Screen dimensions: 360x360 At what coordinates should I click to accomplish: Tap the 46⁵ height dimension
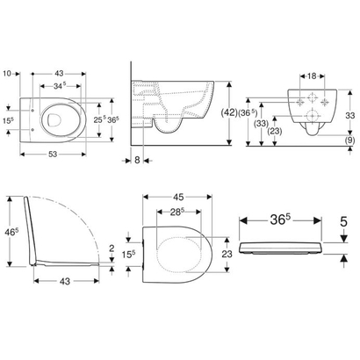[8, 234]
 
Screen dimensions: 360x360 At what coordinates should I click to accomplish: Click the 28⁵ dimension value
[176, 214]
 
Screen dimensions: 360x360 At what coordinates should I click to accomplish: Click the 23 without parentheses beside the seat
[227, 253]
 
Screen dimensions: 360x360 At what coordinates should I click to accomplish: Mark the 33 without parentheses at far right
[349, 113]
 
